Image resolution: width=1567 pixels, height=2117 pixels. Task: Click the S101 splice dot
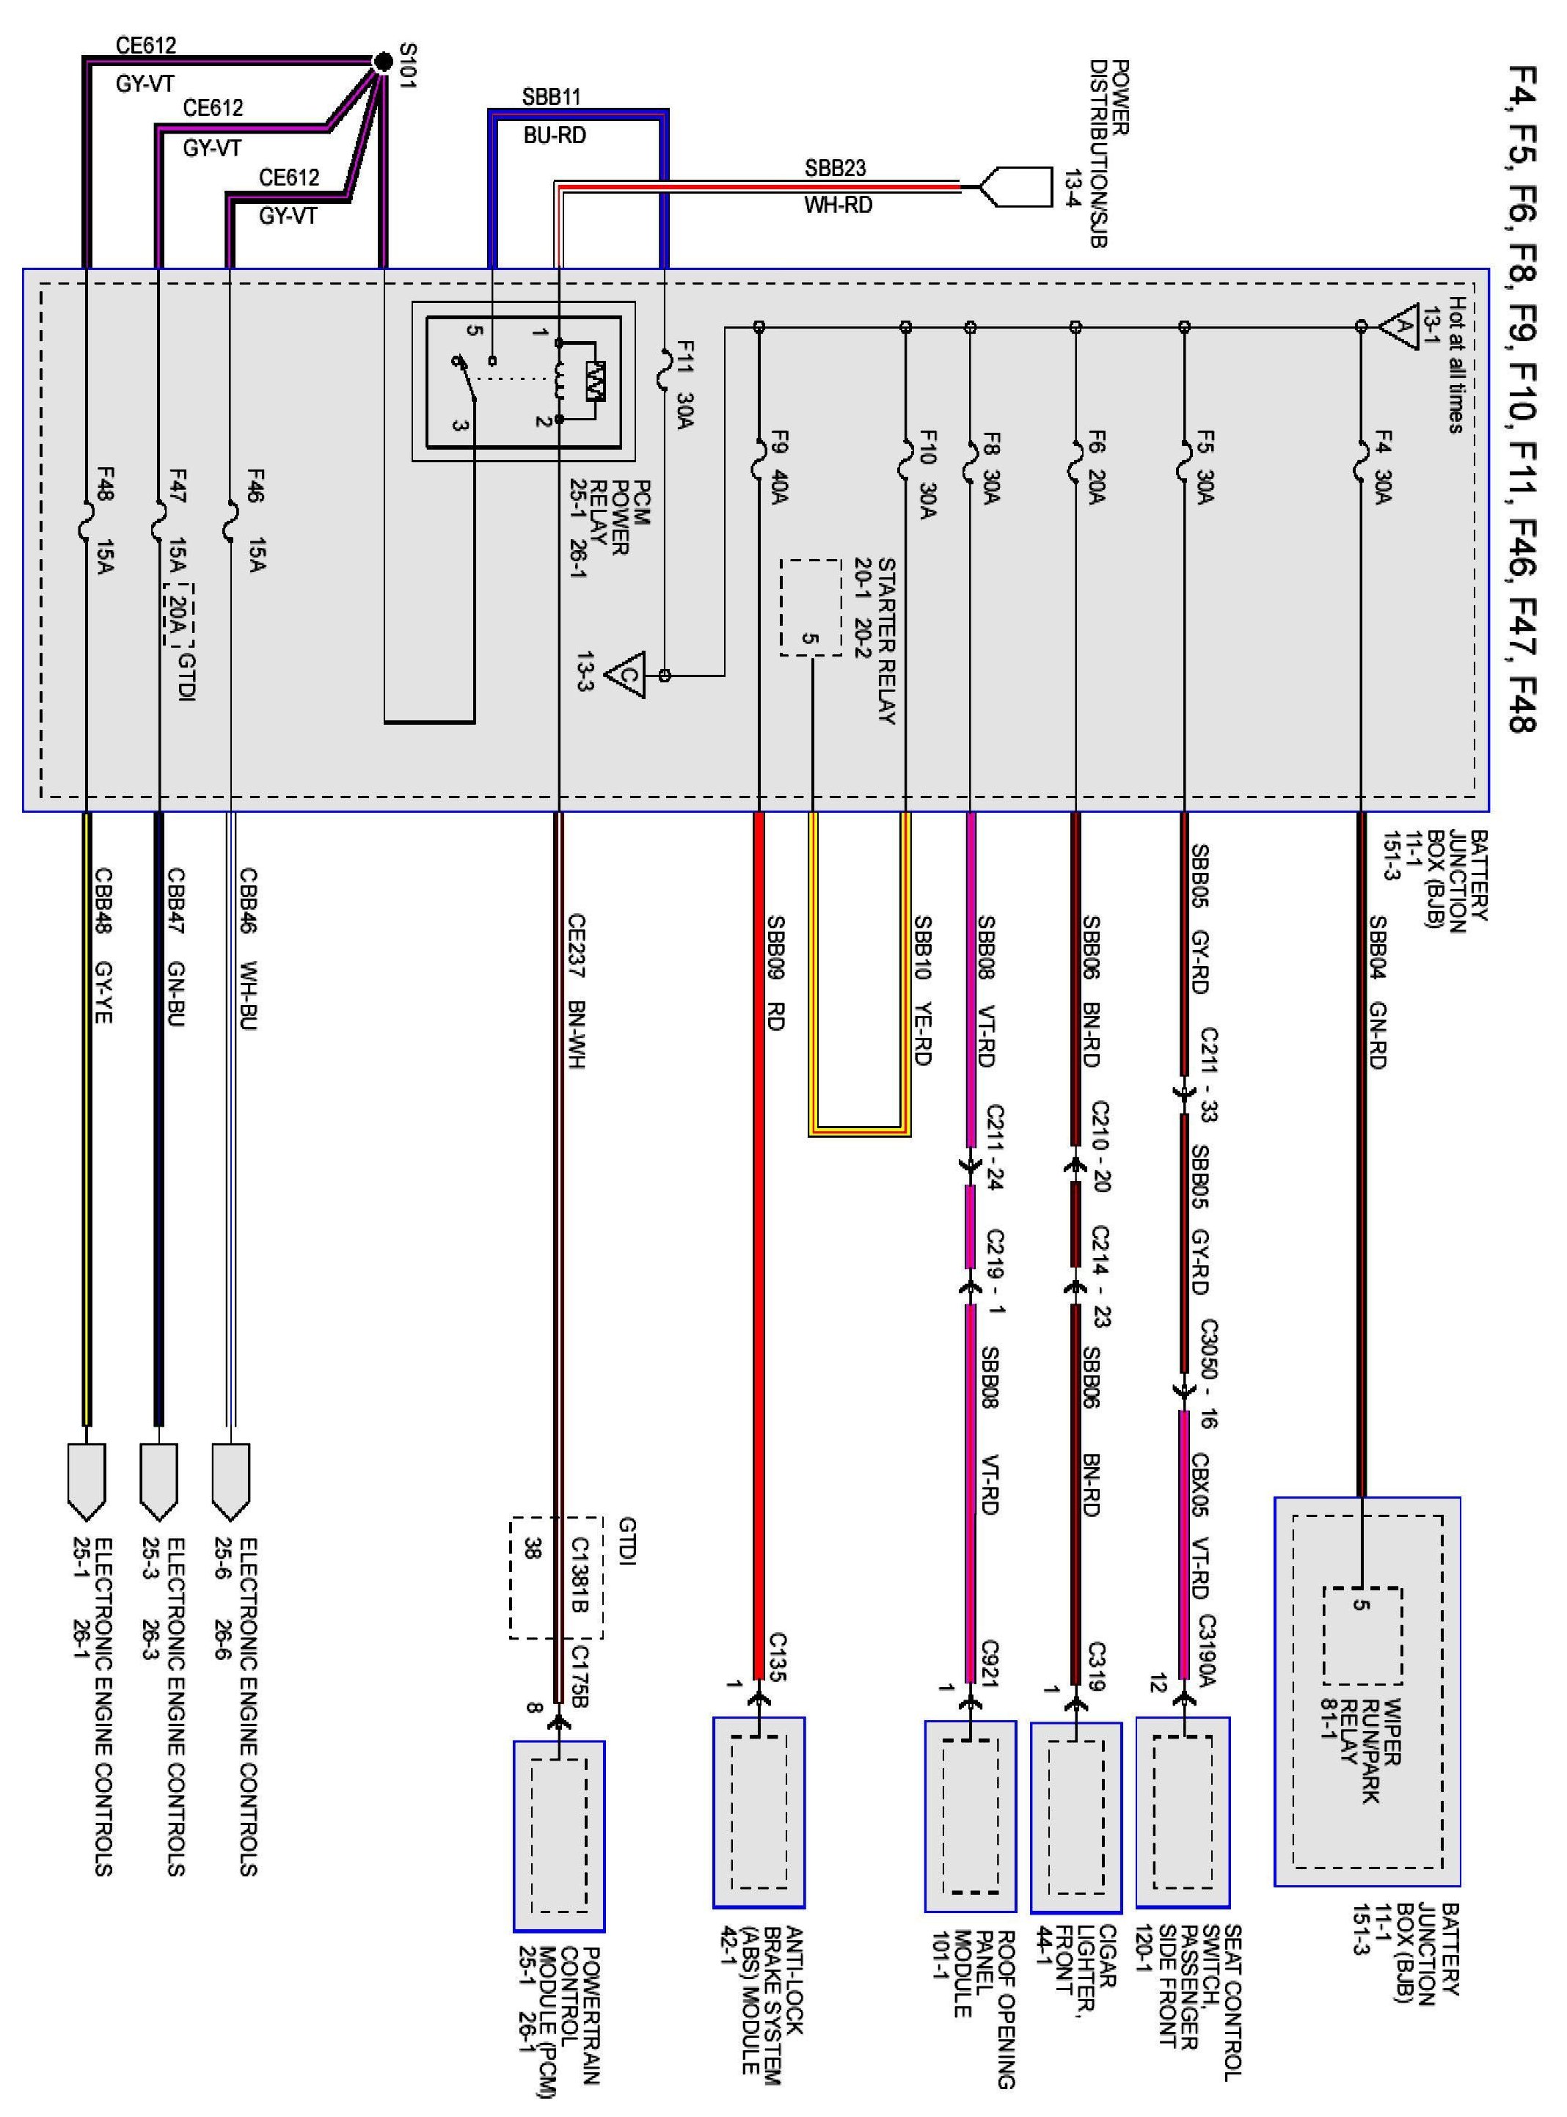point(382,62)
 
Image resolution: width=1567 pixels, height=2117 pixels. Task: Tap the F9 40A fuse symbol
point(759,458)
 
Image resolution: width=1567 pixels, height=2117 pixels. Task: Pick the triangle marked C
point(626,676)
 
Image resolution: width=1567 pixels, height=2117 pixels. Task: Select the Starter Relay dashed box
point(810,607)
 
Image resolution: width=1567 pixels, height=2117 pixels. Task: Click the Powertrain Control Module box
point(559,1835)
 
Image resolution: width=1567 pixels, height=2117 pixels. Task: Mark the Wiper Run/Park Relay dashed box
point(1362,1635)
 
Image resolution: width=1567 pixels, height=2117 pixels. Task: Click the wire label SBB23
point(835,168)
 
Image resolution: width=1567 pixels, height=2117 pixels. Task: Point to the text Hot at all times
point(1455,365)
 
